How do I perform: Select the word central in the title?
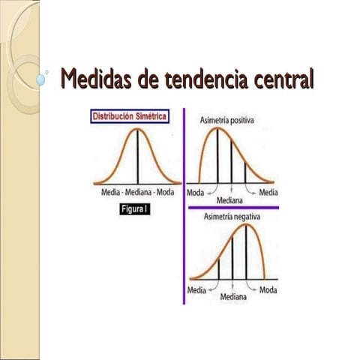pos(280,78)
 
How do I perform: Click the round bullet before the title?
pos(42,78)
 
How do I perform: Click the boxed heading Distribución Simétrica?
pos(129,116)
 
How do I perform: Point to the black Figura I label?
pos(136,211)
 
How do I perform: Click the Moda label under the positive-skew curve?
pos(196,192)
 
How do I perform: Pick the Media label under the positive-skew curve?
pos(268,192)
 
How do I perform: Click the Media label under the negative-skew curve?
pos(197,289)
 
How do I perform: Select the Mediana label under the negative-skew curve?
pos(233,297)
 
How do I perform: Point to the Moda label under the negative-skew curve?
pos(268,289)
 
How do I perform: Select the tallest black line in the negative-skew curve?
pos(247,253)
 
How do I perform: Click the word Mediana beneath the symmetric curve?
pos(138,193)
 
